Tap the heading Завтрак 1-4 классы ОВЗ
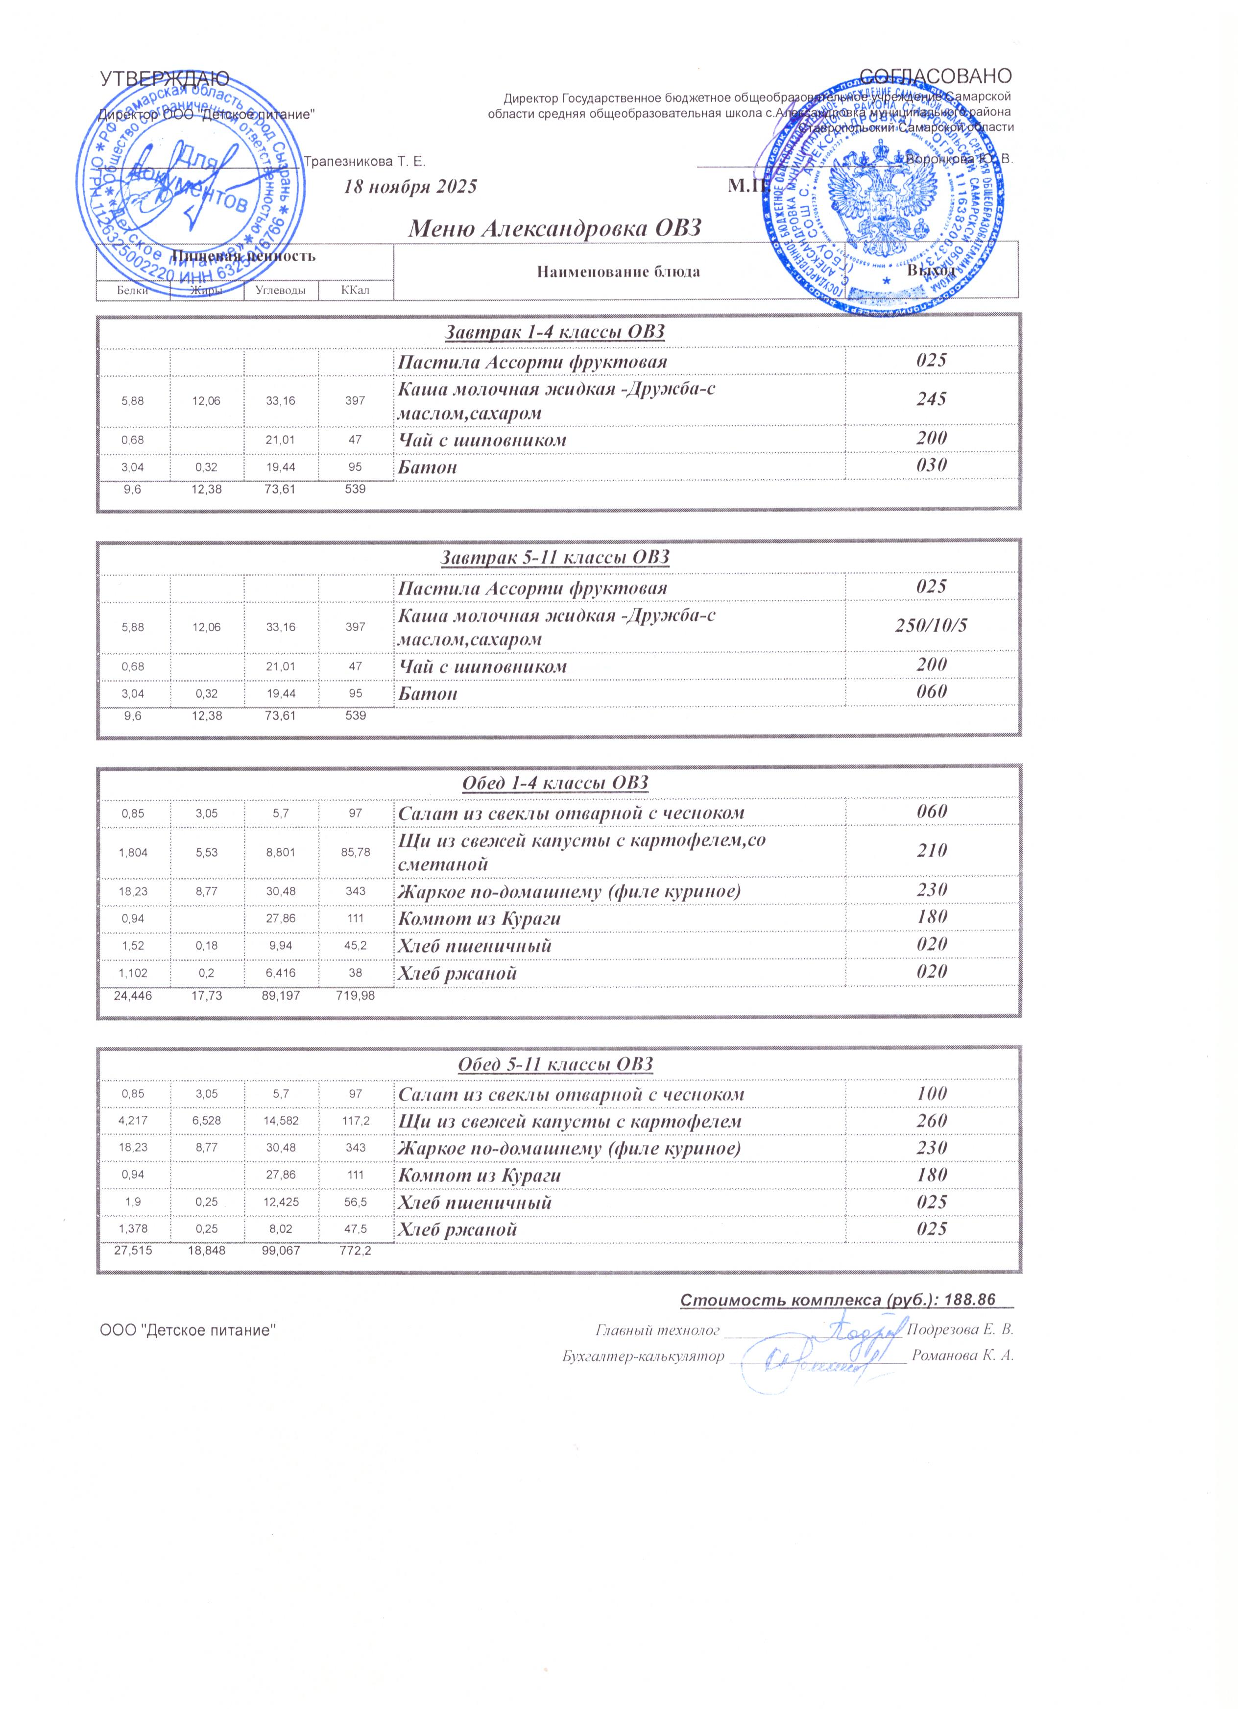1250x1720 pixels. (x=553, y=332)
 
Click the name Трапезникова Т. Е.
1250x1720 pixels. (x=364, y=162)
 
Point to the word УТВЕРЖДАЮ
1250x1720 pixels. (x=165, y=78)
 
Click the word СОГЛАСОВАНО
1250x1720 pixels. (x=936, y=76)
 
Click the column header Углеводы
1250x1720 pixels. (x=281, y=291)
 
